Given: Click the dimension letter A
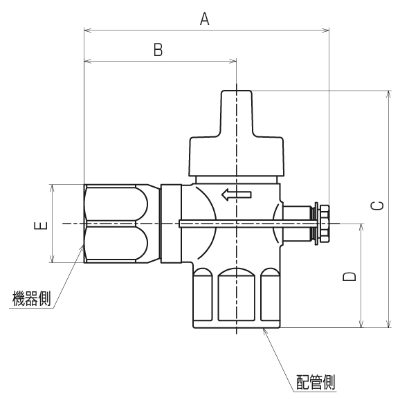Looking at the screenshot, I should click(x=205, y=19).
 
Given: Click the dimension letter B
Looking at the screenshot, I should click(x=158, y=50).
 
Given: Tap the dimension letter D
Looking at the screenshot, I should click(x=350, y=276).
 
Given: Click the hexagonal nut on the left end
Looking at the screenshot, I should click(x=116, y=224).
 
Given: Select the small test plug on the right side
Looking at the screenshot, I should click(x=322, y=224).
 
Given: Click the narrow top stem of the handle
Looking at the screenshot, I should click(x=237, y=111).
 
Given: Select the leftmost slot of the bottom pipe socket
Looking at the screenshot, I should click(x=203, y=296).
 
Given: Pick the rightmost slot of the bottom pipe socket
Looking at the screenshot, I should click(x=270, y=296).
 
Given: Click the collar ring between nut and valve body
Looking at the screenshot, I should click(x=170, y=223).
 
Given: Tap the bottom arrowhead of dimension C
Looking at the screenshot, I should click(x=388, y=323).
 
